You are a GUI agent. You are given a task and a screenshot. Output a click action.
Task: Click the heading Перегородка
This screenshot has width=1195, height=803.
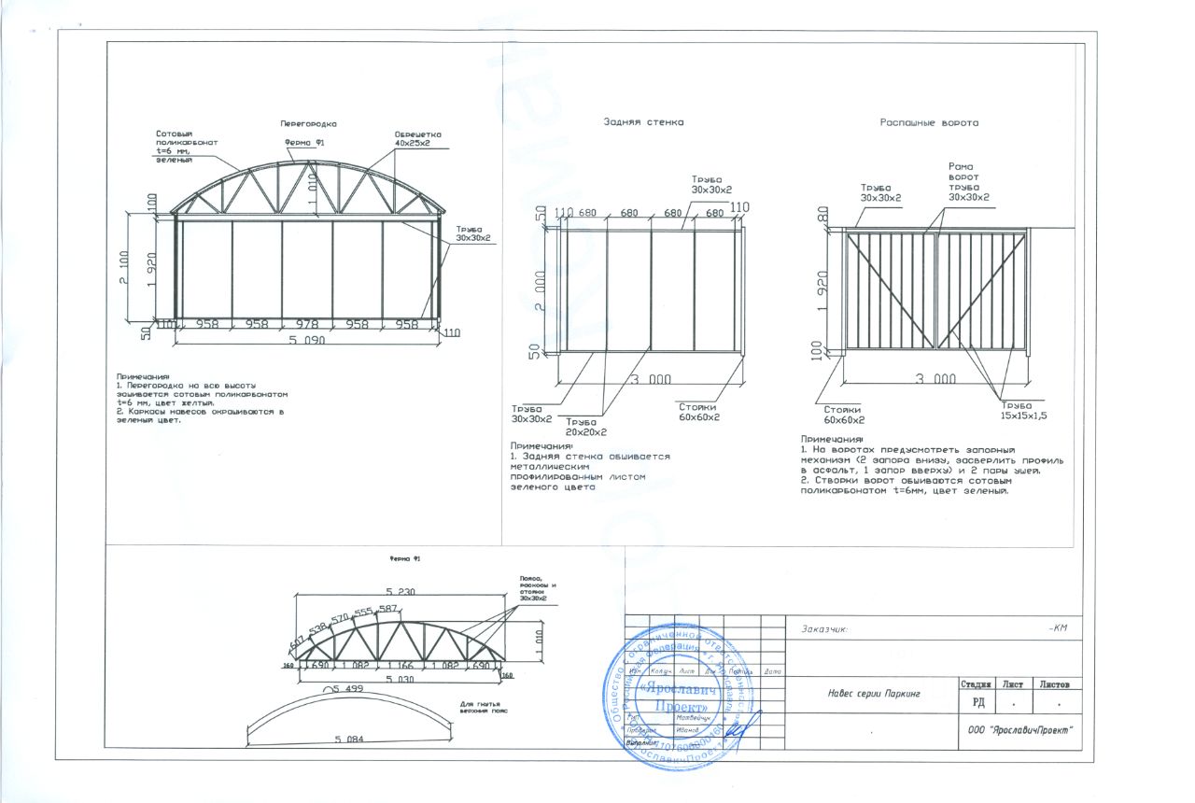pyautogui.click(x=308, y=123)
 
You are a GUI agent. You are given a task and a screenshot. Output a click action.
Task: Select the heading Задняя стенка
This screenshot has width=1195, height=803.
pyautogui.click(x=643, y=122)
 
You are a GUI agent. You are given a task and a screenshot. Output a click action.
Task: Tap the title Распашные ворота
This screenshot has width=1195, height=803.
pyautogui.click(x=930, y=122)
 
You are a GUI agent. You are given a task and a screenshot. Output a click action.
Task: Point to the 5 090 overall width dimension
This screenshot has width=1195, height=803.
pyautogui.click(x=307, y=341)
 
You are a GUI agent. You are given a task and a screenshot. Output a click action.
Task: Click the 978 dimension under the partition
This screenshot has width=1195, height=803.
pyautogui.click(x=307, y=324)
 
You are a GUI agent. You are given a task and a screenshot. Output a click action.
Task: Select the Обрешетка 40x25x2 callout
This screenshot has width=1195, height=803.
pyautogui.click(x=417, y=139)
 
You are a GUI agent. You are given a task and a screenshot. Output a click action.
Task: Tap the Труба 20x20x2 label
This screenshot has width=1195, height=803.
pyautogui.click(x=586, y=427)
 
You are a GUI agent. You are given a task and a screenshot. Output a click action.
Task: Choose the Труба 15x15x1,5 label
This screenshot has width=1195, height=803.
pyautogui.click(x=1023, y=410)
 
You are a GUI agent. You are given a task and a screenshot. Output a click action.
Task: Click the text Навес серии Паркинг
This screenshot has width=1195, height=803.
pyautogui.click(x=874, y=694)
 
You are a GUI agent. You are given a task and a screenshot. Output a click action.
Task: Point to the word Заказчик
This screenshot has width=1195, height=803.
pyautogui.click(x=823, y=629)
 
